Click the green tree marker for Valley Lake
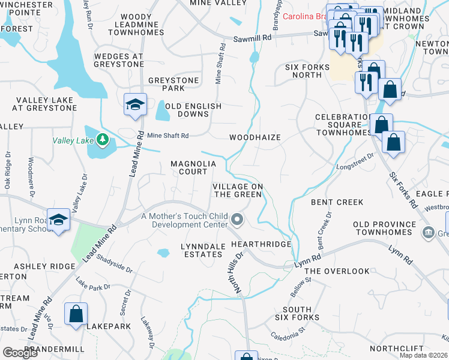[103, 140]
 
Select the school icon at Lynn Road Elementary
[58, 220]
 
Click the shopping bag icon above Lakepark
[76, 314]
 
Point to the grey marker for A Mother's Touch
[237, 220]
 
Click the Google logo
[20, 353]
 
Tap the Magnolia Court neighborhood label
[188, 167]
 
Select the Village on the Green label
[238, 190]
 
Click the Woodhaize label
[255, 137]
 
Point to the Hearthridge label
[261, 244]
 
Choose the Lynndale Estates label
[203, 249]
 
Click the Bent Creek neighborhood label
[337, 202]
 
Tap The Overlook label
[337, 271]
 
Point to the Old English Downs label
[193, 110]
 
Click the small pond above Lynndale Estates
[163, 253]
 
